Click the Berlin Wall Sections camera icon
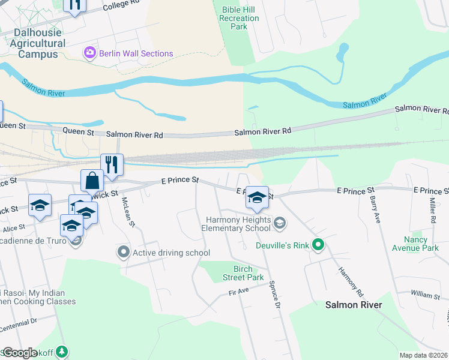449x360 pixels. point(91,53)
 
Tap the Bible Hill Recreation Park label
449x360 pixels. point(239,18)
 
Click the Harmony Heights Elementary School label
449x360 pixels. point(236,224)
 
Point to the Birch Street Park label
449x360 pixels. point(243,273)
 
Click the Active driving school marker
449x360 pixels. point(124,253)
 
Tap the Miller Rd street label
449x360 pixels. point(432,211)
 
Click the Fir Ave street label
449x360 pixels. point(238,292)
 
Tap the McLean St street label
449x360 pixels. point(128,212)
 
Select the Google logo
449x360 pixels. point(20,353)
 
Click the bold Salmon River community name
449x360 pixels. point(354,305)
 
